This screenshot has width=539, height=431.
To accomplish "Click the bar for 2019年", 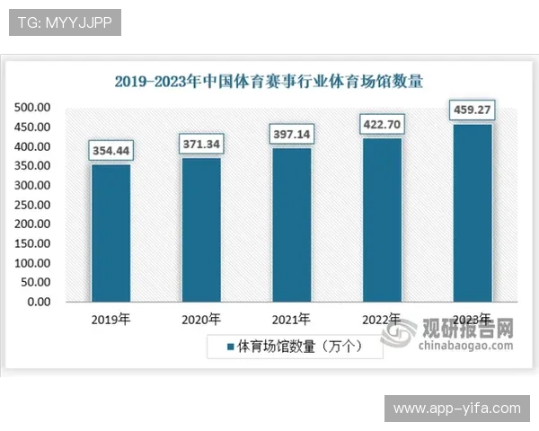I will [x=110, y=233].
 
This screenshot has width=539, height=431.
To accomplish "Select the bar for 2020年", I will [x=201, y=230].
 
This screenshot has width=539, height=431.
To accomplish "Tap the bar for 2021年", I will [x=291, y=224].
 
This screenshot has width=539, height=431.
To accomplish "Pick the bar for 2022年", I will [x=382, y=220].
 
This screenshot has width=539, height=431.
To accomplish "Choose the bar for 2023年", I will [x=472, y=213].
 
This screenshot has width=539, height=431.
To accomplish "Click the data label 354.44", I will [x=110, y=151].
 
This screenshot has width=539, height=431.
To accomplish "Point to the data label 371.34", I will [x=201, y=144].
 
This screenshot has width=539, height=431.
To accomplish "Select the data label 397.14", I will [x=291, y=134].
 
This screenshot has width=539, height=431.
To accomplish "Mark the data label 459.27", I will [x=473, y=110].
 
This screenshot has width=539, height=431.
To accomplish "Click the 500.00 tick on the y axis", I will [x=31, y=108].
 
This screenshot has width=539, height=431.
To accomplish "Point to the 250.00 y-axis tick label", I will [x=31, y=205].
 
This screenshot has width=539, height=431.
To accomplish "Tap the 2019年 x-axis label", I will [x=110, y=319].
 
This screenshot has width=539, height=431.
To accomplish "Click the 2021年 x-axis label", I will [x=291, y=319].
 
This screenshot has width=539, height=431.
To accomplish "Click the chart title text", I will [x=269, y=81].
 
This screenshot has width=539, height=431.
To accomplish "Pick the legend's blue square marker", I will [x=230, y=346].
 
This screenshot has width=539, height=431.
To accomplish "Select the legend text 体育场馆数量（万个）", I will [x=300, y=346].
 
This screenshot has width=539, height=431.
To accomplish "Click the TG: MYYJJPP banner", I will [x=64, y=22].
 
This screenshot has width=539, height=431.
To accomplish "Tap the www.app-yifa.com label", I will [x=456, y=409].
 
